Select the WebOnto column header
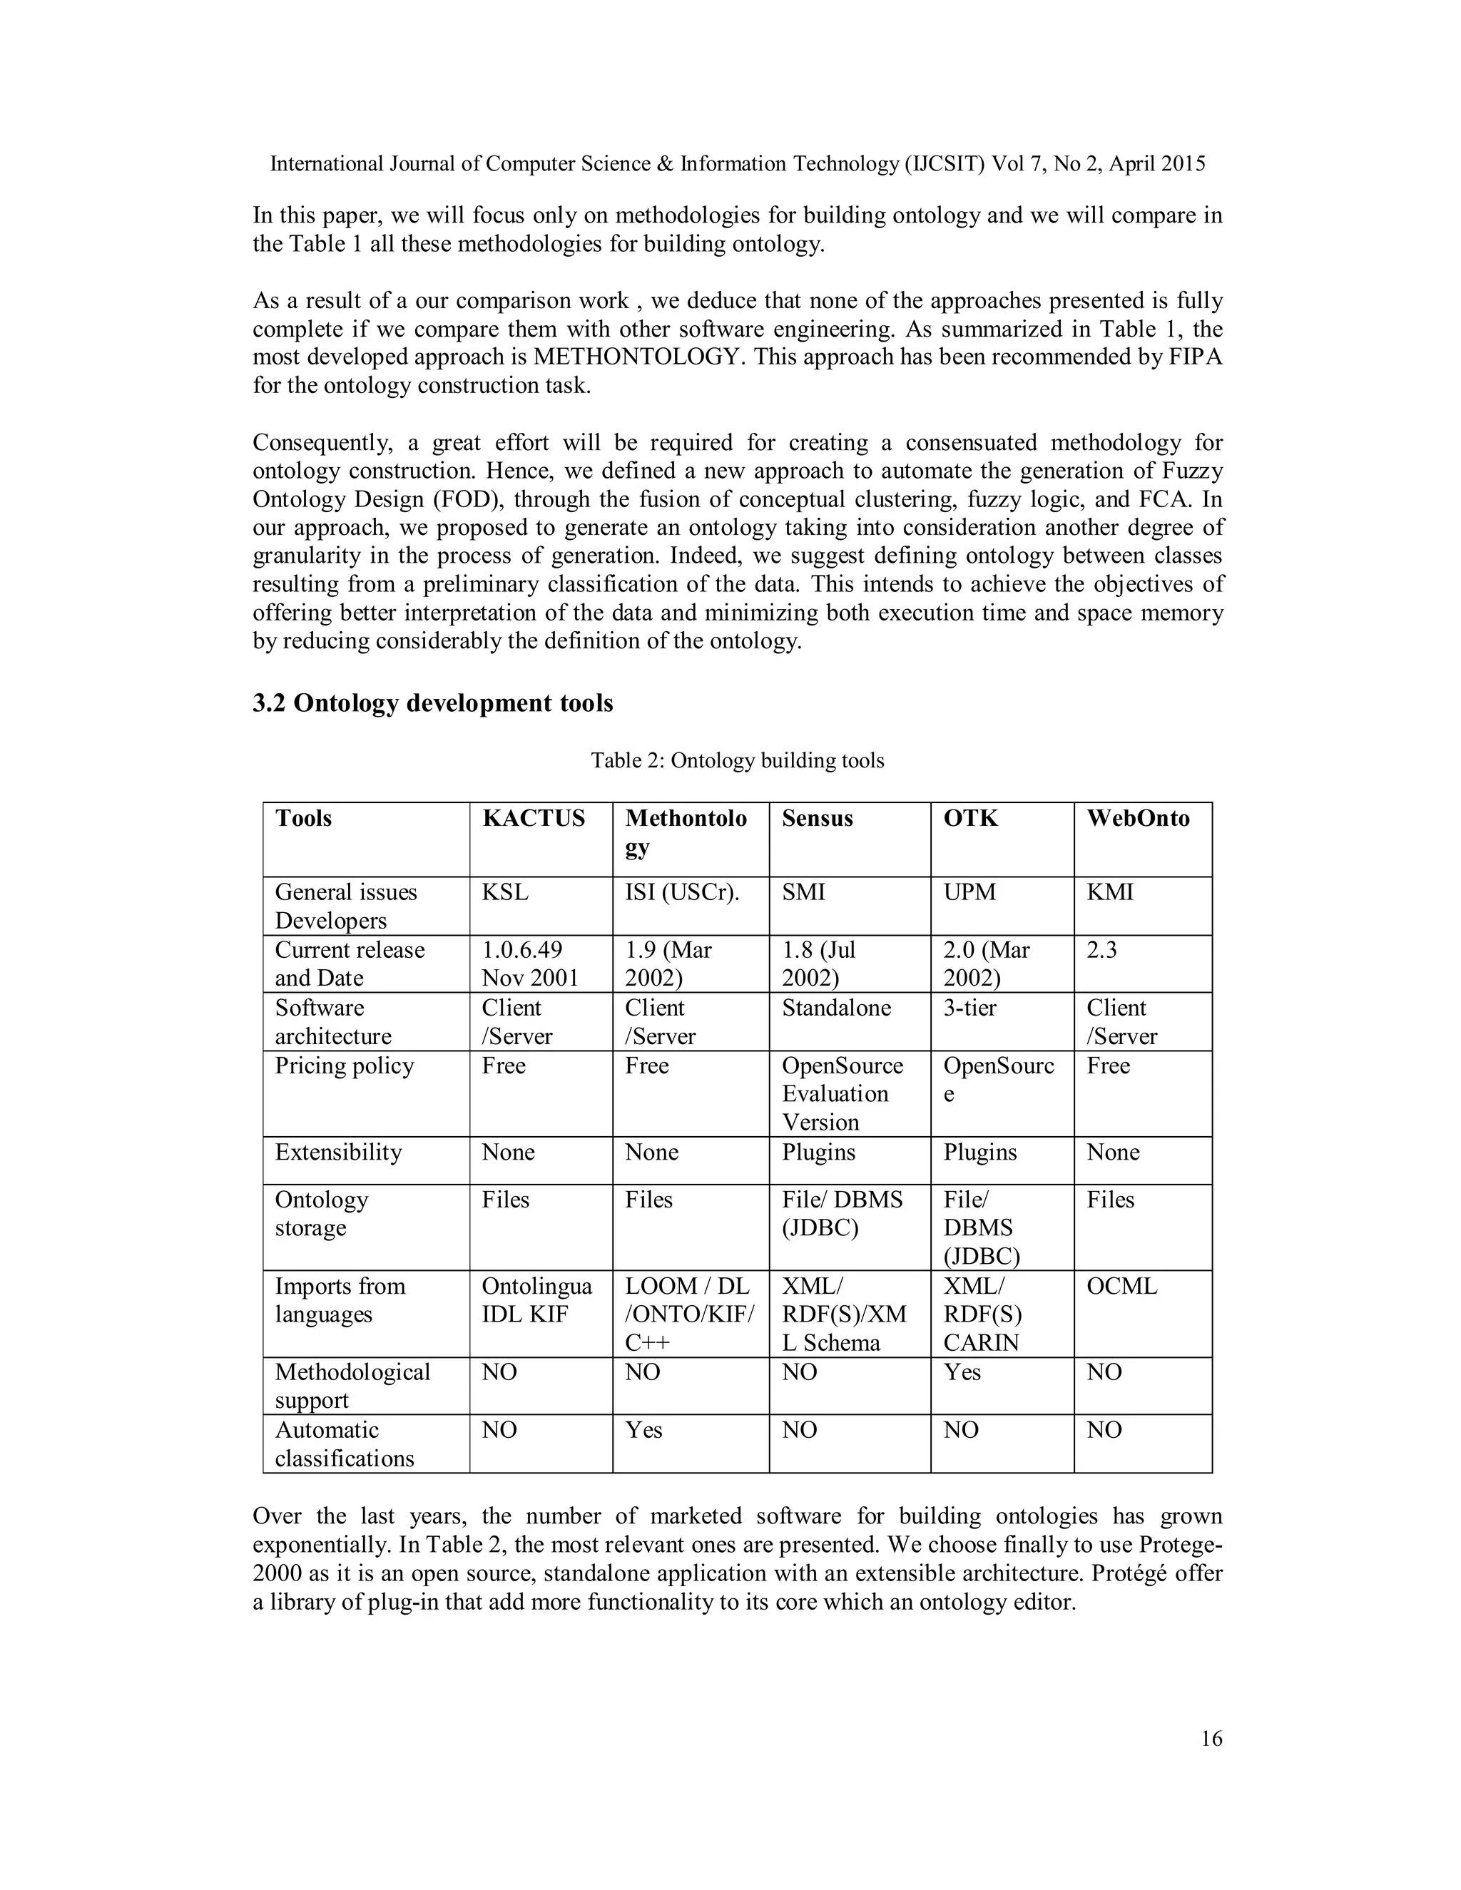point(1137,818)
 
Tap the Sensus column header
point(817,818)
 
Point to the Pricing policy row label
point(345,1066)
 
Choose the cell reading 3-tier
point(969,1008)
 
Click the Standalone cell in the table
point(836,1008)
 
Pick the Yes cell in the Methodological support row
point(962,1372)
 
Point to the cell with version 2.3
point(1101,950)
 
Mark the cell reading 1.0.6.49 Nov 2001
point(530,964)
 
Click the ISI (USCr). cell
point(682,892)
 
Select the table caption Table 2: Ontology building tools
point(738,761)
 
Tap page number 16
point(1212,1739)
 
